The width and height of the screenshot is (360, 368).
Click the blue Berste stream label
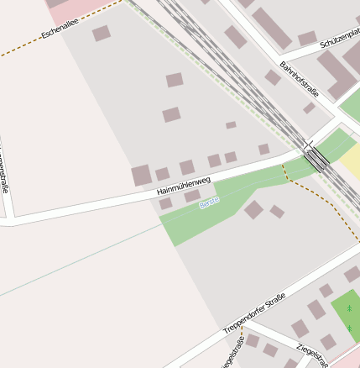pos(209,202)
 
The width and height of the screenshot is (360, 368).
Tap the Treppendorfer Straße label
pos(255,313)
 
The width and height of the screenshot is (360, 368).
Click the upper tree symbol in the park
pos(349,308)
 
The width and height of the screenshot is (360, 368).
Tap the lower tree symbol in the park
pos(349,328)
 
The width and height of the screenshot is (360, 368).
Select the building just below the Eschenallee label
pos(101,34)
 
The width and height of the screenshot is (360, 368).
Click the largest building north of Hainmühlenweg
pos(141,176)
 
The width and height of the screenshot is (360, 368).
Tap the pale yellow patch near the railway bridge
pos(349,160)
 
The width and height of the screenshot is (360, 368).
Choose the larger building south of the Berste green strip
pos(253,209)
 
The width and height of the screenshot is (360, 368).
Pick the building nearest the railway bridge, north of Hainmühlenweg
pos(263,150)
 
